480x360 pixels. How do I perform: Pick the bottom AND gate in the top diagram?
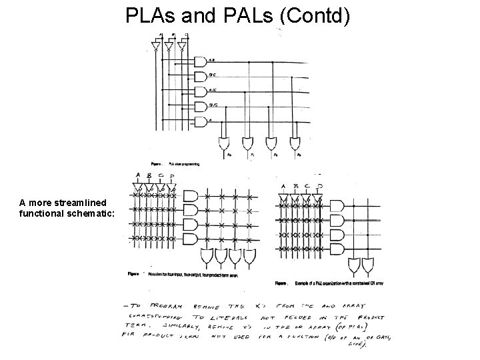pyautogui.click(x=199, y=122)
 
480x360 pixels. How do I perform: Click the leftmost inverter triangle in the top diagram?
pyautogui.click(x=155, y=47)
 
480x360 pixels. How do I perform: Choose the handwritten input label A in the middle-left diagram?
pyautogui.click(x=137, y=176)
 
